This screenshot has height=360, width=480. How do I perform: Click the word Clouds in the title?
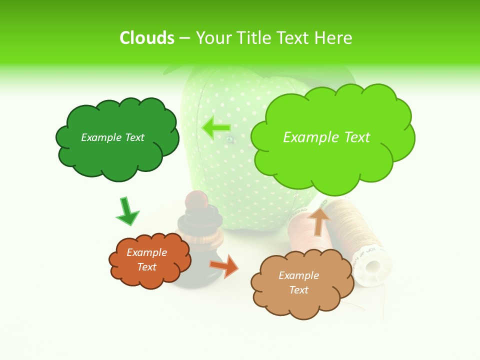point(147,38)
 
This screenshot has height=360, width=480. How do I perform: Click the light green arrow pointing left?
point(215,128)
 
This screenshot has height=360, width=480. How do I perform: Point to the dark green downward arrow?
point(127,211)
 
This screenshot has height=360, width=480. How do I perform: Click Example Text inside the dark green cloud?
point(112,137)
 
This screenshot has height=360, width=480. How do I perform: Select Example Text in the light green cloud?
point(326,137)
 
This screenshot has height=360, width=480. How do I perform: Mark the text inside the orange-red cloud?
point(147,259)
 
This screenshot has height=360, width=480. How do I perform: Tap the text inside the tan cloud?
point(298,282)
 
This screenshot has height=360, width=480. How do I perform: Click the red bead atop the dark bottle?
point(193,200)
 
